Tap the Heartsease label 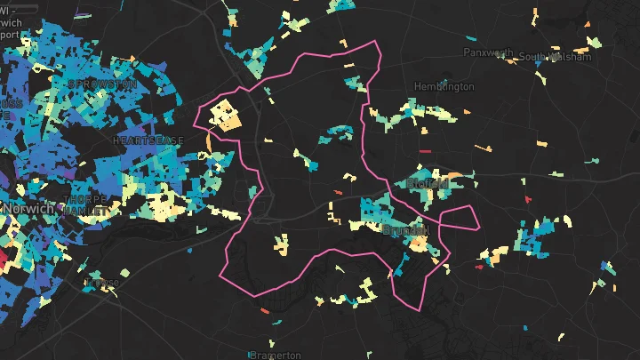148,140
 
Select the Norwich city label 28,208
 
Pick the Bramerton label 276,355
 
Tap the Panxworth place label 489,52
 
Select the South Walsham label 556,58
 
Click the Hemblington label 444,86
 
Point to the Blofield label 428,183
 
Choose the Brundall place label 405,229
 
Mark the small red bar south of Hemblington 424,151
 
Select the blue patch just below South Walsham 540,76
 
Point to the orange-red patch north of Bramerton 266,311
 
